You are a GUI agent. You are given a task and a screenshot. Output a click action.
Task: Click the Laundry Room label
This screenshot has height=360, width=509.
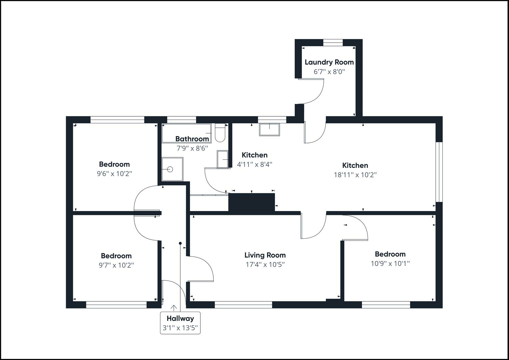[x=329, y=62]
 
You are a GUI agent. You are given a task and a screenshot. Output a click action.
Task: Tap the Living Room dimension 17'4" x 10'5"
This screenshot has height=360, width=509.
[x=265, y=265]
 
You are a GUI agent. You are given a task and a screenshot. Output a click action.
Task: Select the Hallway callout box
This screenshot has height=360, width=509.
[x=180, y=323]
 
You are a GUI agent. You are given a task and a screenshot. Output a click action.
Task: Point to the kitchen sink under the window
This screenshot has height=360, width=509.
[x=269, y=129]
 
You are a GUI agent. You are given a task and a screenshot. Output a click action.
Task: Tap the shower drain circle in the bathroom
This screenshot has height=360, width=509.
[x=170, y=169]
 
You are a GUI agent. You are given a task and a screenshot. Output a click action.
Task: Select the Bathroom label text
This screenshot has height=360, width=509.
[x=192, y=139]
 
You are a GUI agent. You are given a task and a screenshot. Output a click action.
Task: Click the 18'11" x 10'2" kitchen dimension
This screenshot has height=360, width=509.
[x=355, y=175]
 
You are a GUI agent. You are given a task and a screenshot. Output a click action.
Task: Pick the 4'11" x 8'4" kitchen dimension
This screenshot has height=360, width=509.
[x=255, y=164]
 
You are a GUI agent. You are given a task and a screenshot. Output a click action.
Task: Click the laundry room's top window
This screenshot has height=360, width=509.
[x=333, y=42]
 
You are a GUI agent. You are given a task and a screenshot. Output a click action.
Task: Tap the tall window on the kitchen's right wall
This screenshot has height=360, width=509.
[x=439, y=172]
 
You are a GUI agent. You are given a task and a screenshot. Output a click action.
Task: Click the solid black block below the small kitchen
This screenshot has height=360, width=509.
[x=251, y=202]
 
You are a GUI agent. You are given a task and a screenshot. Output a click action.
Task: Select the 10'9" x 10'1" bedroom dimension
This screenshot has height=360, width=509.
[x=390, y=264]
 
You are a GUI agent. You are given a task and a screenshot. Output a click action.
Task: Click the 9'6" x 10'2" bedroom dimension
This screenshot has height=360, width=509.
[x=114, y=174]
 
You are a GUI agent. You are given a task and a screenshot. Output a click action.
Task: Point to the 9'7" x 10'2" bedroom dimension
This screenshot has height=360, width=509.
[x=116, y=265]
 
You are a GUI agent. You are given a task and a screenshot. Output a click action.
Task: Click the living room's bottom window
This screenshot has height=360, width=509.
[x=243, y=305]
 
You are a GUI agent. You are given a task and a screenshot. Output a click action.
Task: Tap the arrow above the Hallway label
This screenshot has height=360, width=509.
[x=174, y=308]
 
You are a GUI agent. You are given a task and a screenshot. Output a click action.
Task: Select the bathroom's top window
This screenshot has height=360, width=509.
[x=181, y=120]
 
